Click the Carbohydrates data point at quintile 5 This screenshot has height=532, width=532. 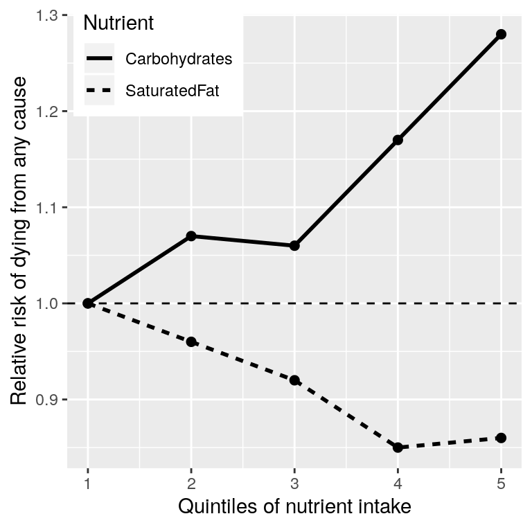pos(501,35)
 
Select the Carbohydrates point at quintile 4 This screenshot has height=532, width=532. pos(398,140)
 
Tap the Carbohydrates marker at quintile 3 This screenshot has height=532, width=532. pos(294,245)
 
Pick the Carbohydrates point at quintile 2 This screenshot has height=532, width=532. pos(191,236)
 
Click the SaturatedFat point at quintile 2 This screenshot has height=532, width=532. pos(191,342)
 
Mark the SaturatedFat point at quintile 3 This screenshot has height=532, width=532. pos(294,380)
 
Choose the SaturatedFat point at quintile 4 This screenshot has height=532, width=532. pos(398,447)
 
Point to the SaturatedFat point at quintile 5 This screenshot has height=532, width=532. pos(501,438)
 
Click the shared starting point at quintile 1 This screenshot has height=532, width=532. pos(88,303)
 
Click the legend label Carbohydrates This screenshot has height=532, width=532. pos(178,59)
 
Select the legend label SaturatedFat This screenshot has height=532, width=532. pos(172,91)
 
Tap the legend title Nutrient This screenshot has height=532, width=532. pos(118,23)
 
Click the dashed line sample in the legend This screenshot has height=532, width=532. pos(99,91)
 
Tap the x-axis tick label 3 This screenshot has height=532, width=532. pos(294,482)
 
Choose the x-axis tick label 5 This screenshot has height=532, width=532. pos(501,482)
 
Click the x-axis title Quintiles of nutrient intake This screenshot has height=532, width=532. pos(294,507)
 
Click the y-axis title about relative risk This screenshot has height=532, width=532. pos(19,241)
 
